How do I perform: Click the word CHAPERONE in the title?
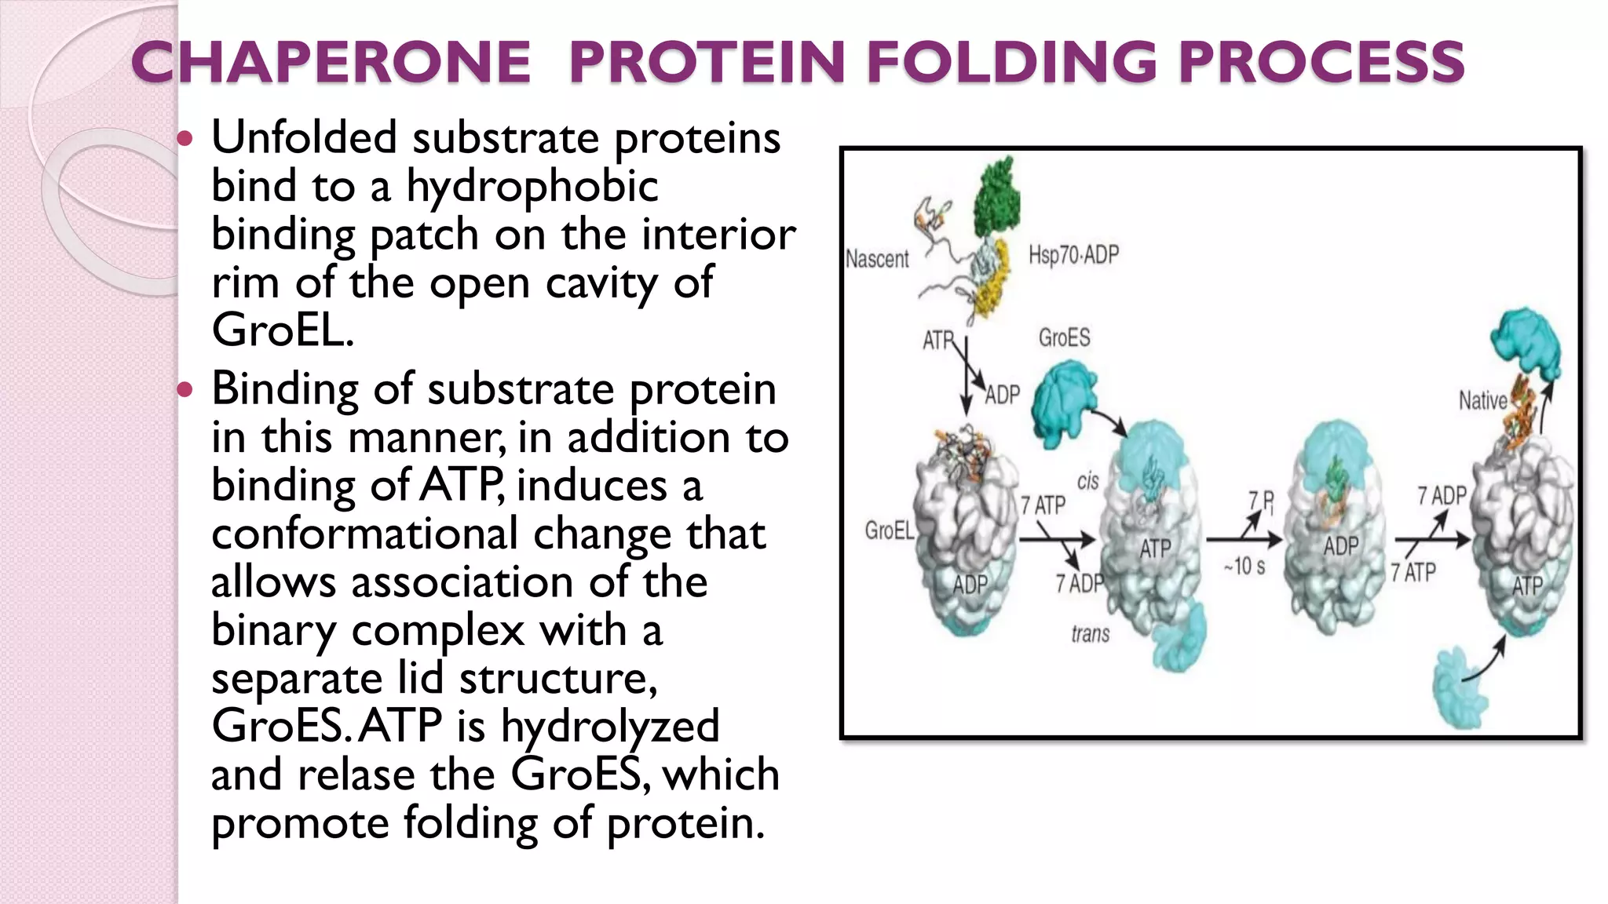pyautogui.click(x=331, y=62)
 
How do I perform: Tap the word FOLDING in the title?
pyautogui.click(x=1012, y=62)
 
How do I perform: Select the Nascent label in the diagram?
pyautogui.click(x=877, y=259)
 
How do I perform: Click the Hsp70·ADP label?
pyautogui.click(x=1073, y=255)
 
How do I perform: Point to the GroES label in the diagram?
pyautogui.click(x=1064, y=337)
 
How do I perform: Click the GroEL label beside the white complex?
pyautogui.click(x=889, y=530)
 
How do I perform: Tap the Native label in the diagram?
pyautogui.click(x=1482, y=401)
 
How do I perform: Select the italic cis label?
pyautogui.click(x=1087, y=481)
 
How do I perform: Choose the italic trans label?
pyautogui.click(x=1091, y=633)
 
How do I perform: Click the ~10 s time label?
pyautogui.click(x=1244, y=566)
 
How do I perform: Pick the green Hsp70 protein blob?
pyautogui.click(x=997, y=192)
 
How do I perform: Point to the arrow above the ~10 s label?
pyautogui.click(x=1242, y=539)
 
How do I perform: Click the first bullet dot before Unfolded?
pyautogui.click(x=185, y=140)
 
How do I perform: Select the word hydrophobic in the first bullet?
pyautogui.click(x=532, y=188)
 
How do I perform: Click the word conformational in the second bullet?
pyautogui.click(x=364, y=534)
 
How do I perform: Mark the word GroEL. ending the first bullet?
pyautogui.click(x=283, y=330)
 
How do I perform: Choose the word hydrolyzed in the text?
pyautogui.click(x=610, y=727)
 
